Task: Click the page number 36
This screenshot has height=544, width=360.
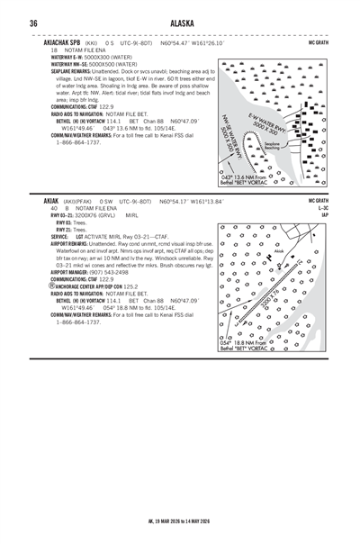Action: [x=33, y=23]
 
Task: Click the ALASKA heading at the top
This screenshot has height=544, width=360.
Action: [x=180, y=23]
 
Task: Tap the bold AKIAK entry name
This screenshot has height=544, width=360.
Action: [x=50, y=201]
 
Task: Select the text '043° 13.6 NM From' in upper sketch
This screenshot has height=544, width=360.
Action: [x=245, y=177]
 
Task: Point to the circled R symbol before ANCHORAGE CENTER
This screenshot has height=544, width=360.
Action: [x=45, y=287]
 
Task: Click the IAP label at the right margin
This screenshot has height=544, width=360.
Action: [x=324, y=215]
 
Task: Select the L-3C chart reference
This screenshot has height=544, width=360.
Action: [x=323, y=208]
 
